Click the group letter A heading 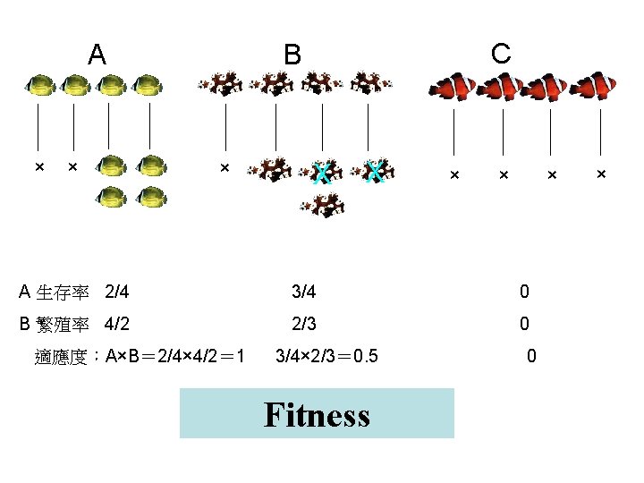(97, 55)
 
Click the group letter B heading (292, 55)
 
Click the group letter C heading (501, 54)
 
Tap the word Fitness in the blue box (317, 414)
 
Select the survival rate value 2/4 (117, 292)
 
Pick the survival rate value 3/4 (304, 292)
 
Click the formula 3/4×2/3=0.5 (326, 357)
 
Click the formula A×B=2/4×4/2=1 (175, 357)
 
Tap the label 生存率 (63, 292)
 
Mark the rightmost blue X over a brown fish (377, 171)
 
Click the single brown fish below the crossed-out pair (322, 206)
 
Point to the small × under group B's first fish (225, 167)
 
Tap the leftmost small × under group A (39, 167)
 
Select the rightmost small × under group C (601, 173)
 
